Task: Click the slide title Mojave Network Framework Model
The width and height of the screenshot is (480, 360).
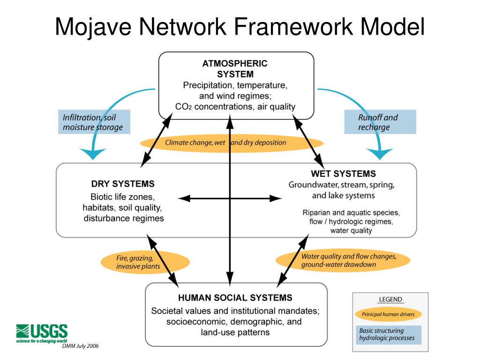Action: [x=240, y=27]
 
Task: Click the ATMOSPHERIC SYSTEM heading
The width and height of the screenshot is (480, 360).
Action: [x=235, y=68]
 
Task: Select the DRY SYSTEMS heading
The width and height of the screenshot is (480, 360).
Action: [x=123, y=184]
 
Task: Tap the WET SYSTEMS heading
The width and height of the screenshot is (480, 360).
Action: [x=343, y=174]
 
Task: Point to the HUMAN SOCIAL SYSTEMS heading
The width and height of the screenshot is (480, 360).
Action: [x=235, y=298]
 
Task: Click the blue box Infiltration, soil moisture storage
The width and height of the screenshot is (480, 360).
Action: [x=93, y=122]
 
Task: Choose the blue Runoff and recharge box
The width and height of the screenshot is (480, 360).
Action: [x=380, y=122]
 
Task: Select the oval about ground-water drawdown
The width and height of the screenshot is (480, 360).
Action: [x=343, y=261]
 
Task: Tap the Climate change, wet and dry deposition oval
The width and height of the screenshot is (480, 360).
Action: [x=225, y=142]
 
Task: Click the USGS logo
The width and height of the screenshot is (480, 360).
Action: [x=42, y=332]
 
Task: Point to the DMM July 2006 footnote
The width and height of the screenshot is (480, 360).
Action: [x=80, y=346]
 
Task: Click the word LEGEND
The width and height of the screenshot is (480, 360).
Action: [x=390, y=299]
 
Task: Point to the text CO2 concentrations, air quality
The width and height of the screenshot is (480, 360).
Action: [x=235, y=106]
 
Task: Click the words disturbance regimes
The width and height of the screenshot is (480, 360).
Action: [x=124, y=218]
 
